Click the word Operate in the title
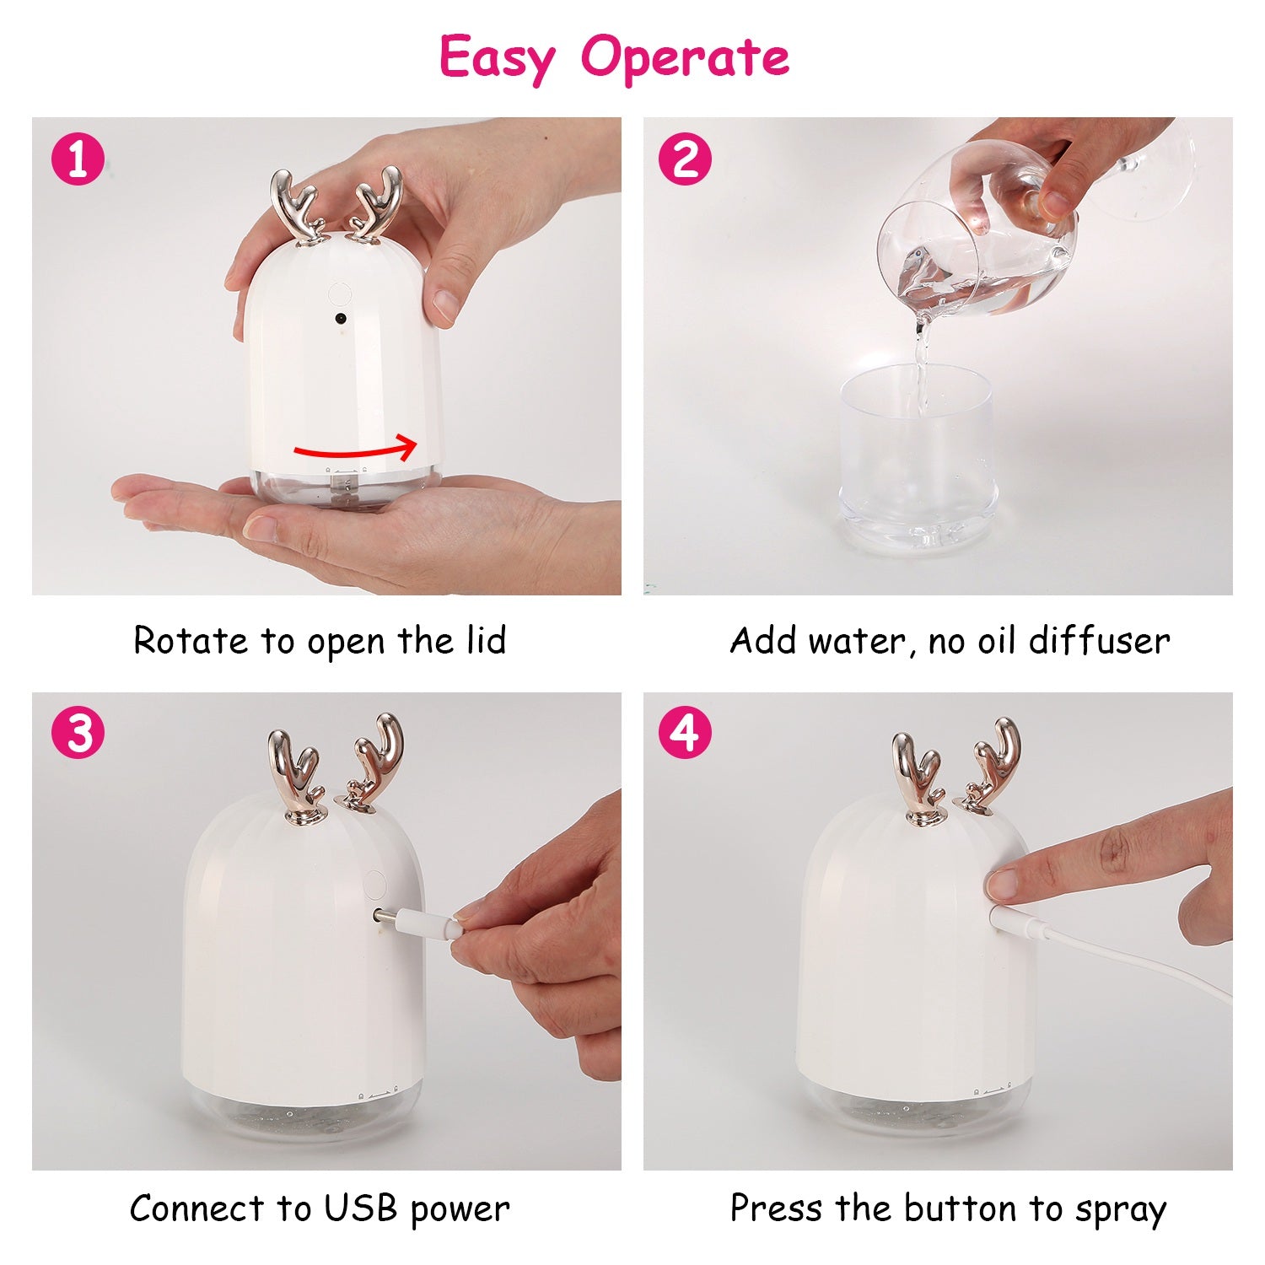pos(685,57)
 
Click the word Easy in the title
pos(498,57)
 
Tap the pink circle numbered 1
pos(78,159)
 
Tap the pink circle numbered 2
pos(684,159)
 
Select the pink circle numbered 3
pos(78,732)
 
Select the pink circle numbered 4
pos(684,732)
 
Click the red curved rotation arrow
pos(354,449)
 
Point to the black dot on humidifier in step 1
pos(341,320)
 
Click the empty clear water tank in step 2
pos(918,455)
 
